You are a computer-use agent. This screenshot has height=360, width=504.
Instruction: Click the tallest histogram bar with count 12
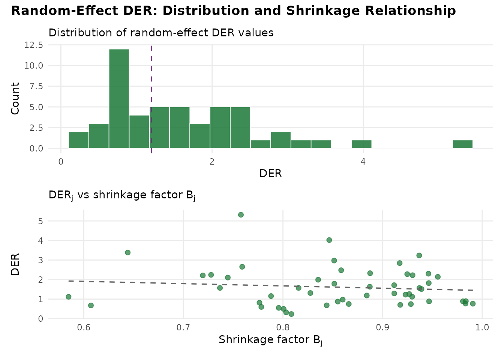[x=119, y=99]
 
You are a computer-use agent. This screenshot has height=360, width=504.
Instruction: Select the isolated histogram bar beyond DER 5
[x=462, y=144]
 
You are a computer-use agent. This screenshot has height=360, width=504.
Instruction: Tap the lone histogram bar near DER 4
[x=361, y=144]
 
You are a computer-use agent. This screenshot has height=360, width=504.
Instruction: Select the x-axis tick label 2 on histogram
[x=212, y=162]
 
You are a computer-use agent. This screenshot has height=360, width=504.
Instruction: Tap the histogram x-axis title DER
[x=270, y=173]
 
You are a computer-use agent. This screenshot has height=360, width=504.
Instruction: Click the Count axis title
[x=15, y=98]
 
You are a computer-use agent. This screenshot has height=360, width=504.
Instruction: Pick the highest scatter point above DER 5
[x=241, y=215]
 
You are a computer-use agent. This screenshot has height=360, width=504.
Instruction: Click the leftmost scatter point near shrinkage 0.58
[x=68, y=297]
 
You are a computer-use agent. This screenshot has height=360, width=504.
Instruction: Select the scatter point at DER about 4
[x=329, y=240]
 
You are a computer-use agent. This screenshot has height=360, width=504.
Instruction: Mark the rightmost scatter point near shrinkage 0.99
[x=472, y=304]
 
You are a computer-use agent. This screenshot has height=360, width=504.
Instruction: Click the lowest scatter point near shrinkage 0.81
[x=291, y=314]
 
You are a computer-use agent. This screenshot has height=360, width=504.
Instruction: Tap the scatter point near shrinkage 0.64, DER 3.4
[x=127, y=252]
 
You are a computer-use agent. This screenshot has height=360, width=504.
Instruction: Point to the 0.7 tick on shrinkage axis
[x=183, y=327]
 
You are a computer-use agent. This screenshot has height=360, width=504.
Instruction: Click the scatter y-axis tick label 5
[x=40, y=221]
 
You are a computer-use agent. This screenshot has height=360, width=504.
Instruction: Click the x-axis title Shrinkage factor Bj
[x=270, y=340]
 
